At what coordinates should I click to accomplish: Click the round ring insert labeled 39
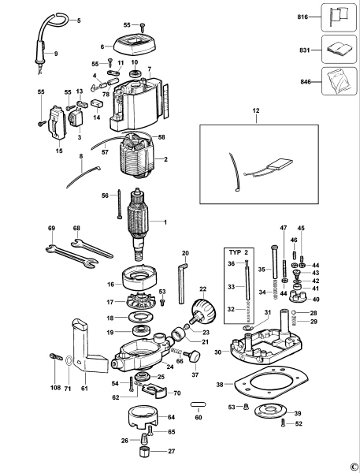tap(265, 414)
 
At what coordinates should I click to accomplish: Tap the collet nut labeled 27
tap(143, 453)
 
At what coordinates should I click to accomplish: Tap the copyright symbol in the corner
tap(352, 465)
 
